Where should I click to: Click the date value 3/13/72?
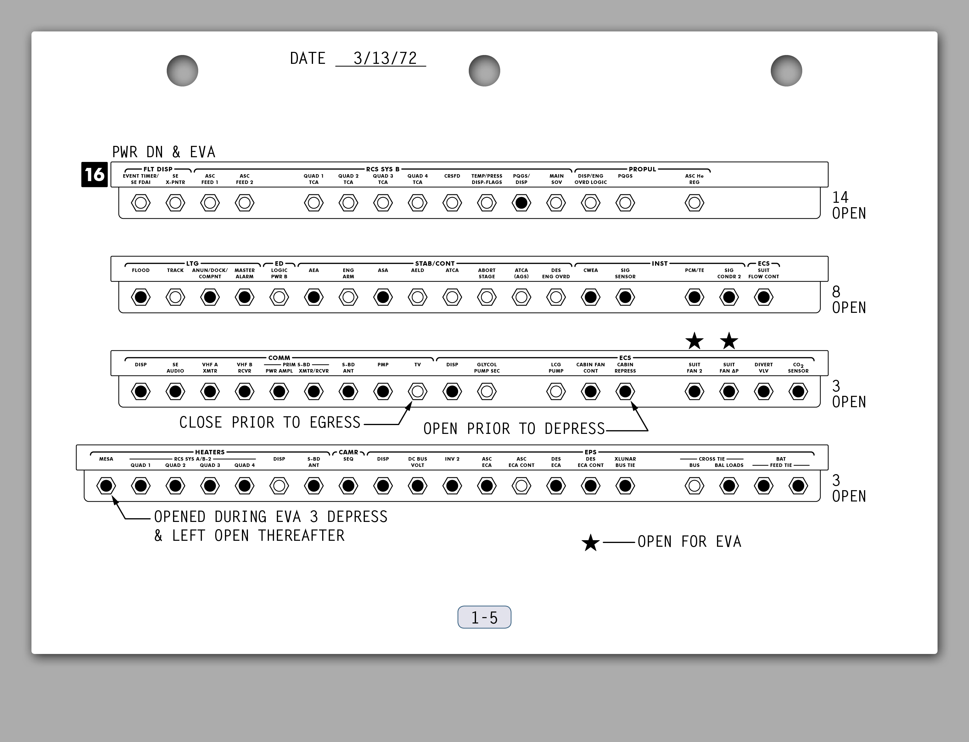(385, 58)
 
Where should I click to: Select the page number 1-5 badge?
(484, 617)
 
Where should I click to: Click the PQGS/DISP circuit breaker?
(521, 203)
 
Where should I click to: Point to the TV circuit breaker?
(417, 391)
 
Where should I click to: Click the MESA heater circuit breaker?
(106, 486)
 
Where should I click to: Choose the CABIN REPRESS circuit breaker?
(625, 391)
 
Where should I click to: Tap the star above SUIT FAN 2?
(694, 341)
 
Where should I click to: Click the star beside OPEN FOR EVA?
(590, 542)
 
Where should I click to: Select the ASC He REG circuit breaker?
(694, 203)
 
